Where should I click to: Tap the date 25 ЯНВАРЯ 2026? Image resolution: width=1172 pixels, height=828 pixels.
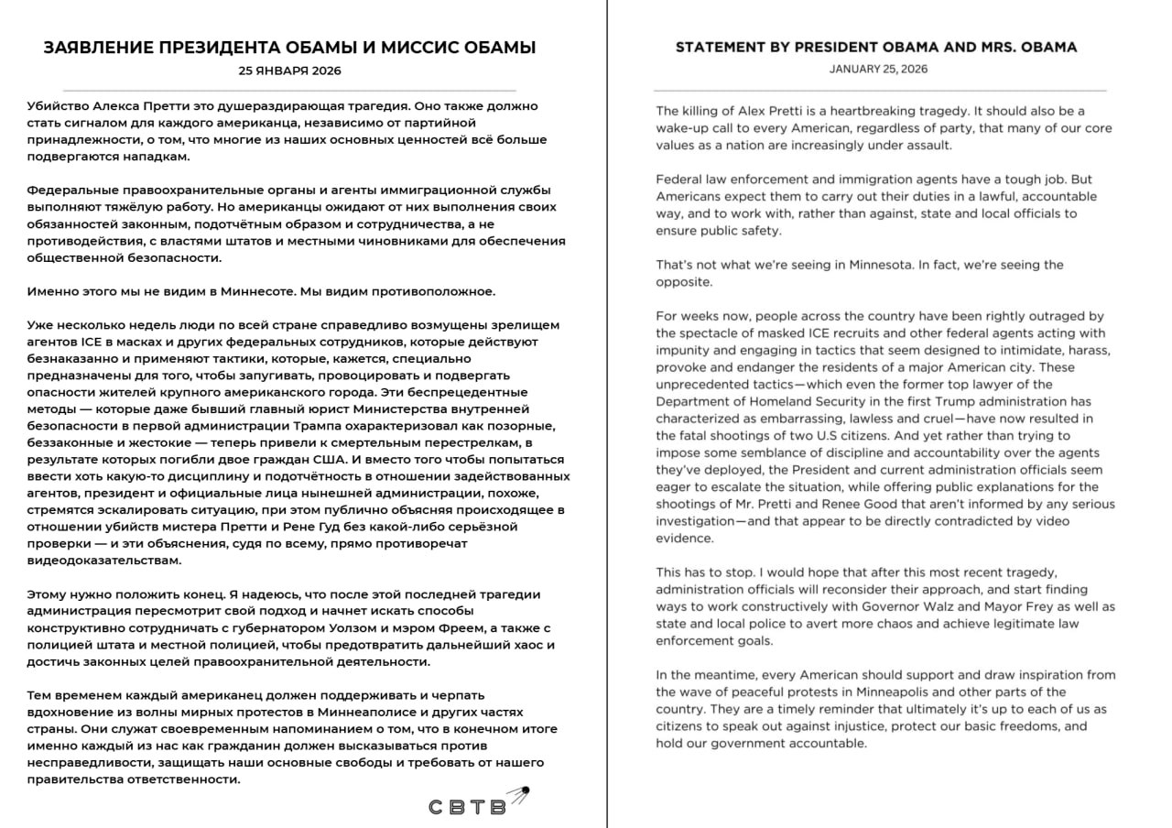click(289, 71)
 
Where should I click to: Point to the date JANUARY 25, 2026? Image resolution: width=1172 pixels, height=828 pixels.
click(878, 69)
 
